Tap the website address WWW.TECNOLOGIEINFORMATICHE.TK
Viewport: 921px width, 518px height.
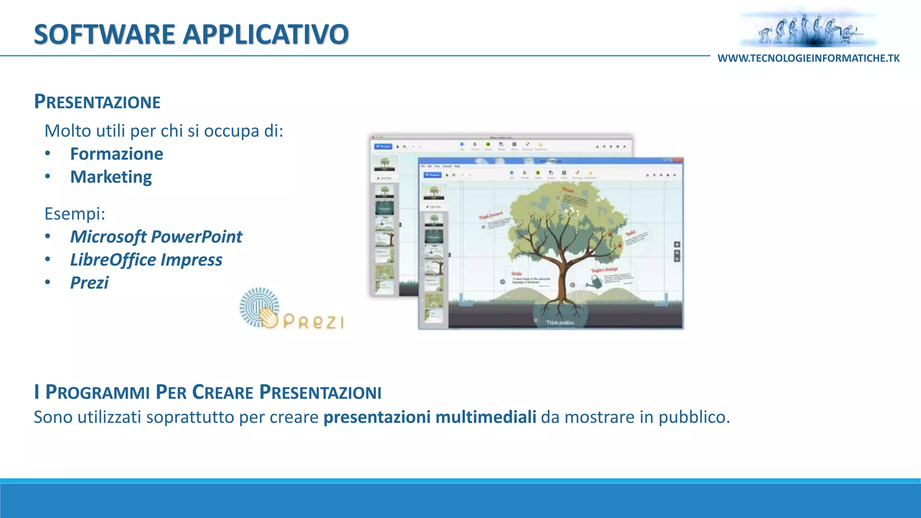point(808,58)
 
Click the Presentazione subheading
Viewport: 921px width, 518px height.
point(97,102)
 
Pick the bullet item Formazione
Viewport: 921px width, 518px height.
point(116,154)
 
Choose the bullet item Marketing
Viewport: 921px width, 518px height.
point(111,177)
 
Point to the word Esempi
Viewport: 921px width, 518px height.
point(74,214)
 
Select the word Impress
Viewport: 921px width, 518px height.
point(192,260)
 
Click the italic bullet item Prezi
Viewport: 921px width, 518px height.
point(89,283)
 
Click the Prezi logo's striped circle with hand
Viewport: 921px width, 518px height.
point(259,308)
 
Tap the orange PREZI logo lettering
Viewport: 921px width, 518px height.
point(314,322)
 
